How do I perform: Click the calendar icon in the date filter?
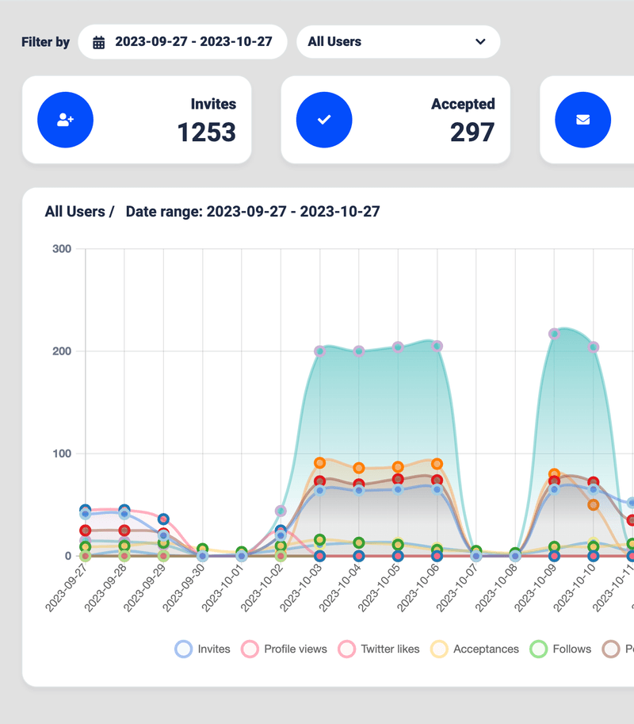point(99,43)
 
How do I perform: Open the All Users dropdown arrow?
point(480,42)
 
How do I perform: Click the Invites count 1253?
point(206,132)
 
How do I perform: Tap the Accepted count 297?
point(472,132)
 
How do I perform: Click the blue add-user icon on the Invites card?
point(66,120)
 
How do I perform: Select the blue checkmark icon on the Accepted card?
point(324,120)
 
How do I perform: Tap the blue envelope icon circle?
point(582,120)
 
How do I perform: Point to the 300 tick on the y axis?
point(62,249)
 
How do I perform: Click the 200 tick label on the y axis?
point(62,351)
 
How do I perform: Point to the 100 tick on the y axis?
point(62,454)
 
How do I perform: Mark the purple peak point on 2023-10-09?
point(554,334)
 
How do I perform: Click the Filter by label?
point(45,42)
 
